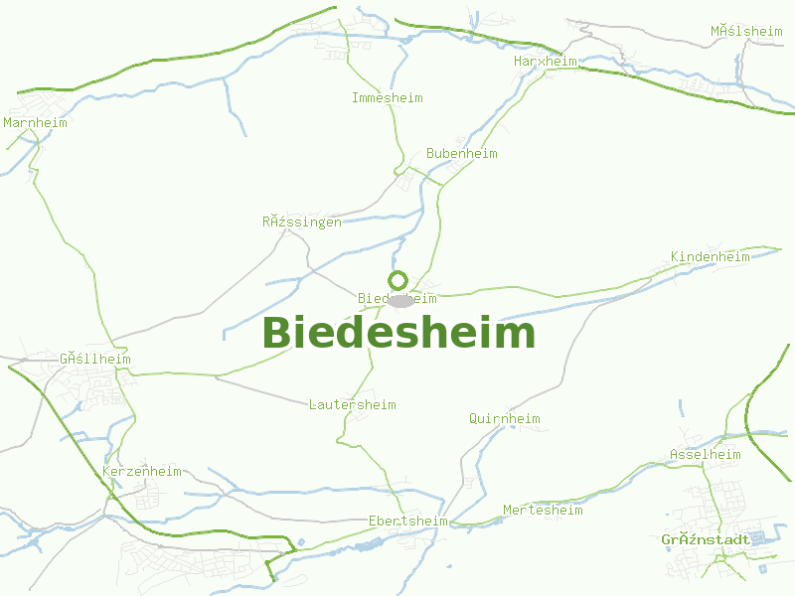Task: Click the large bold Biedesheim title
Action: [398, 333]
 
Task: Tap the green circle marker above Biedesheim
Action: [398, 280]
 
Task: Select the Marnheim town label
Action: [35, 123]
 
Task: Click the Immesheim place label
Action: [387, 98]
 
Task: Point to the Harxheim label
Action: [545, 62]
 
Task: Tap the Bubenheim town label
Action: [461, 154]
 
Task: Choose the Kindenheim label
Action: [710, 257]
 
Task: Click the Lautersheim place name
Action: [352, 405]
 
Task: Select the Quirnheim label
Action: [504, 419]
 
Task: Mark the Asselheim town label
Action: [705, 455]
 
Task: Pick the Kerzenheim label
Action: [141, 472]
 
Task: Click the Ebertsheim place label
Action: [407, 521]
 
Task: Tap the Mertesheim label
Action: [543, 511]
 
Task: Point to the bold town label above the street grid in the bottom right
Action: [705, 540]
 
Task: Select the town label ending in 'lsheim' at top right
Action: [745, 32]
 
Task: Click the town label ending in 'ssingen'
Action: [301, 223]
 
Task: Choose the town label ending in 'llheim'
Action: [94, 360]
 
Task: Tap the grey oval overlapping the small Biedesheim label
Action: [400, 300]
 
